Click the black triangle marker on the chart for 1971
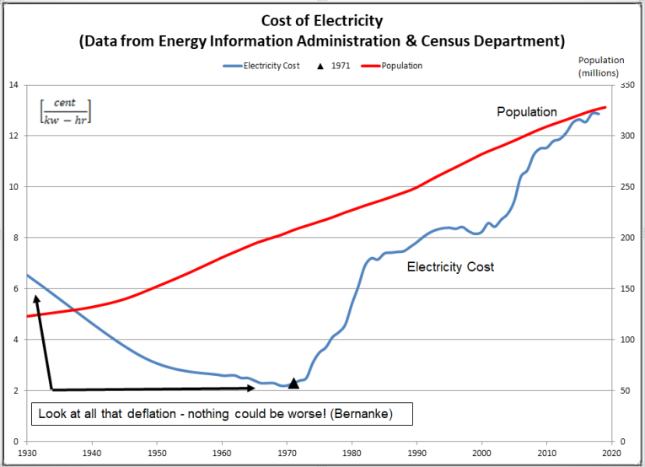293,383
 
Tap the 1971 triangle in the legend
320,66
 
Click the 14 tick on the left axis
13,85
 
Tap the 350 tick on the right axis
626,85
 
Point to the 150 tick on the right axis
626,289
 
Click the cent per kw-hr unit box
65,111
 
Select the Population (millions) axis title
601,67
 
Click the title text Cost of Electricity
321,20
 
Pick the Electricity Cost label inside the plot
450,267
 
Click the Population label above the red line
526,111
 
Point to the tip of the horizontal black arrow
255,389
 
